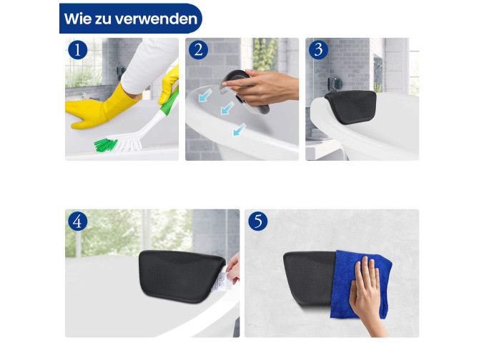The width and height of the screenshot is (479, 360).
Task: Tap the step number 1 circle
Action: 78,50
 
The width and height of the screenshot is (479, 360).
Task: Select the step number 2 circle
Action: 198,50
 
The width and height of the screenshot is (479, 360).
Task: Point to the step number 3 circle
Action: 318,50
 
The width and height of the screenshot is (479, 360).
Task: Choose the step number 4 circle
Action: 78,221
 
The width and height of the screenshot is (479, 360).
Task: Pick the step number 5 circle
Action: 258,221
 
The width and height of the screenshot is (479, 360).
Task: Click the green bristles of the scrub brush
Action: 105,144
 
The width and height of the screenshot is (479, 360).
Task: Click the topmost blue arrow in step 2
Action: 205,95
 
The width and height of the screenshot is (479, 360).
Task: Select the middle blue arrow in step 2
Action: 227,108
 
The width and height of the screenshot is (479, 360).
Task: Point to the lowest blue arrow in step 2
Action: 239,129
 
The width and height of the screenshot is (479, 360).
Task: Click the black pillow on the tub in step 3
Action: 351,106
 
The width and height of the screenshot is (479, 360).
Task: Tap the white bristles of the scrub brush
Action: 127,143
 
